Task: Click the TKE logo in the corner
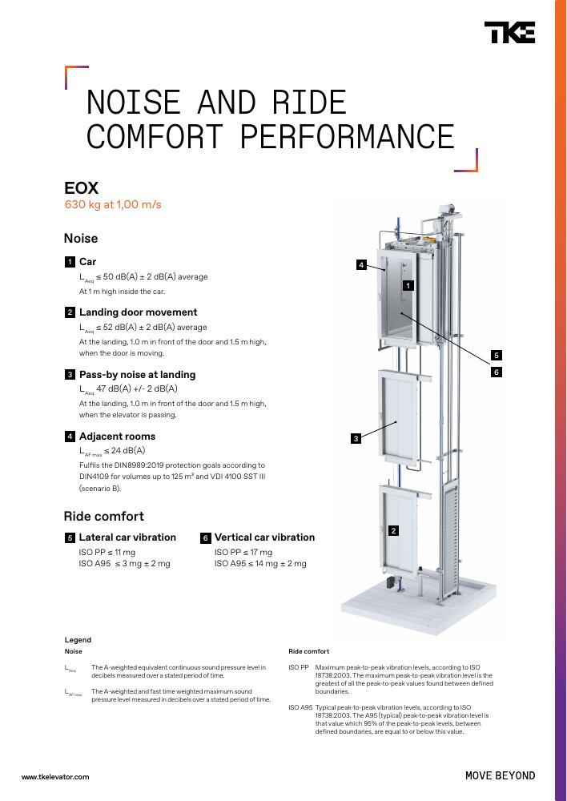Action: pos(509,32)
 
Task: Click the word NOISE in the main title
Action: pos(133,103)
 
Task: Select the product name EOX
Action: pos(81,188)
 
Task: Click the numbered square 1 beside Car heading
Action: pos(70,262)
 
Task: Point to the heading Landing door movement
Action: pos(138,312)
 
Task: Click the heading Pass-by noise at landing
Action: pos(138,374)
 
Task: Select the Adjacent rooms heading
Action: pos(117,437)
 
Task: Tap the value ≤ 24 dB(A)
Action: pos(125,450)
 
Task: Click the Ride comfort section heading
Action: pos(103,516)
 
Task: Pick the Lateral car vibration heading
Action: pos(127,537)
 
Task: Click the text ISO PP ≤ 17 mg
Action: pos(243,552)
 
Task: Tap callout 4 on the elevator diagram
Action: pos(362,264)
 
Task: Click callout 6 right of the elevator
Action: pos(496,372)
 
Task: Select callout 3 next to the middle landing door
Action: pos(356,438)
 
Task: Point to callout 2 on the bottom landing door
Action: pos(393,531)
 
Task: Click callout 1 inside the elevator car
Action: pos(408,286)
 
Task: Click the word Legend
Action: pos(78,640)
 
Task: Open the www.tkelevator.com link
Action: pos(55,777)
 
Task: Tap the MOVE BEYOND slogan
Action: pos(500,776)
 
